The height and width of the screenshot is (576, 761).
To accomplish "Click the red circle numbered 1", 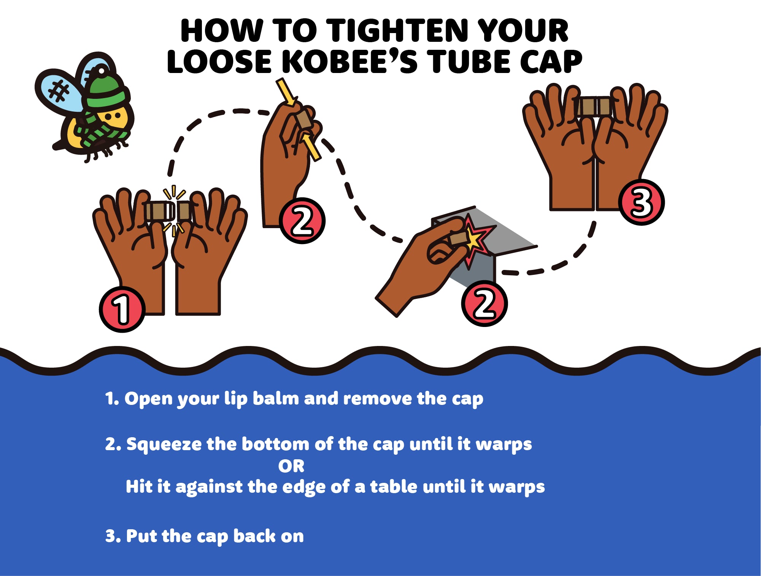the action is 122,309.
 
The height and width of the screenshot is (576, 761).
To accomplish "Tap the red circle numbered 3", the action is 641,202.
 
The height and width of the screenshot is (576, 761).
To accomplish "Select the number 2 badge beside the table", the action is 484,303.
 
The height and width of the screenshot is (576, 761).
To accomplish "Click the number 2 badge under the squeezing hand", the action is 302,221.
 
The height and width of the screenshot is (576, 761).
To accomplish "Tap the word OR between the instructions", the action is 291,466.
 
